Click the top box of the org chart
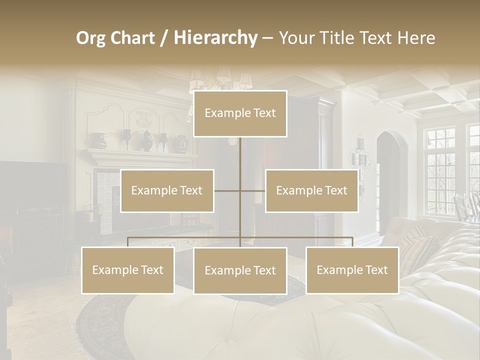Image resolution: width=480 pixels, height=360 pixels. click(x=240, y=113)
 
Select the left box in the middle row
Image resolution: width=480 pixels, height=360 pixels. click(x=167, y=191)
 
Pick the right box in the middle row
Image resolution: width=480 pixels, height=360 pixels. click(x=311, y=191)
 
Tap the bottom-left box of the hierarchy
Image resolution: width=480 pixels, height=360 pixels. click(x=128, y=270)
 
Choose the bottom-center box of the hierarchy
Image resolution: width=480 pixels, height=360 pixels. click(x=240, y=271)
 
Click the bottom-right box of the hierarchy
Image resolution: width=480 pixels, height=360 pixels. click(x=352, y=270)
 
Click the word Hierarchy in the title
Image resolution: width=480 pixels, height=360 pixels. click(x=215, y=38)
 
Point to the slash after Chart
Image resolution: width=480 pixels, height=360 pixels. click(x=164, y=38)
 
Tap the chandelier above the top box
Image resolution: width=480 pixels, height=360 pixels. click(x=220, y=80)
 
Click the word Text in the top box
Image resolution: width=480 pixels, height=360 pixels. click(x=263, y=113)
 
